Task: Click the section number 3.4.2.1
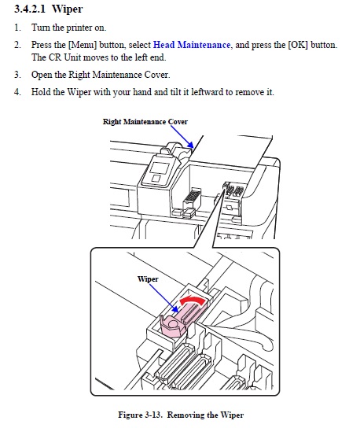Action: point(29,9)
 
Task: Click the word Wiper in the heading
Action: point(67,9)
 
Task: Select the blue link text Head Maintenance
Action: point(192,45)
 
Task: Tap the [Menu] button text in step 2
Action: point(83,45)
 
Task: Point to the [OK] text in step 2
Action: point(298,45)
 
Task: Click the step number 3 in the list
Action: point(17,75)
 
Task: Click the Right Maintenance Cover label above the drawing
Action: point(145,122)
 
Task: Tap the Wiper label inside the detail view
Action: point(148,279)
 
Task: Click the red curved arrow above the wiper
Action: point(192,301)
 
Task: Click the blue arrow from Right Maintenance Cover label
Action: point(182,137)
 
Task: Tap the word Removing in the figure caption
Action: point(186,415)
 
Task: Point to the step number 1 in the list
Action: point(17,28)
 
